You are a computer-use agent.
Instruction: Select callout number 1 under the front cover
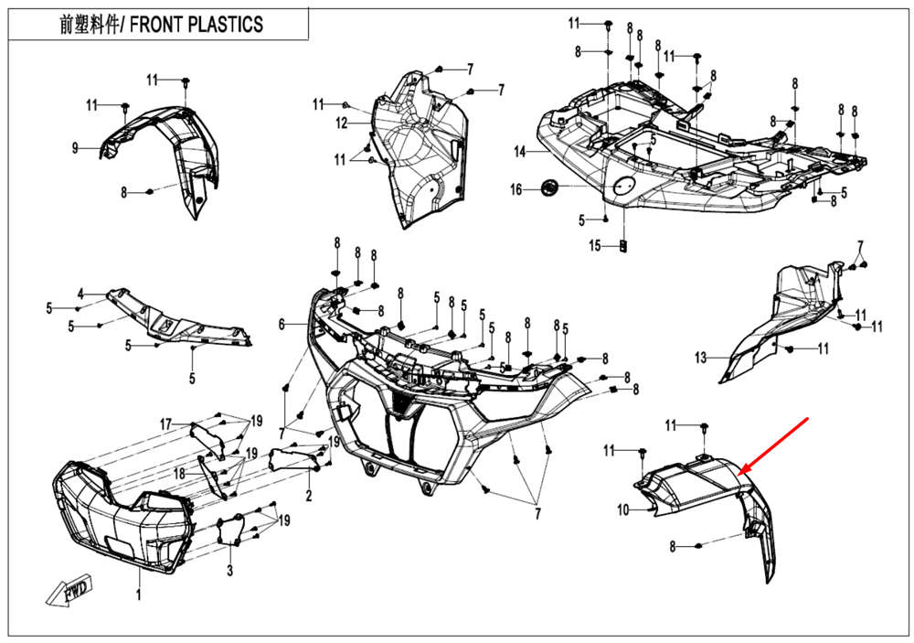click(139, 595)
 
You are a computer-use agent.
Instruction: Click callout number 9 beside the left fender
click(77, 147)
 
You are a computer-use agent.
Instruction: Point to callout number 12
click(342, 123)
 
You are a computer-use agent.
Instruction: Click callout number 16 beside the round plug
click(516, 189)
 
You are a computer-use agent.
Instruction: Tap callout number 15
click(594, 246)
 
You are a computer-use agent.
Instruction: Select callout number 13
click(700, 358)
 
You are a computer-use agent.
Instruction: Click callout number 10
click(623, 510)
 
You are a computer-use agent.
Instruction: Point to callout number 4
click(80, 294)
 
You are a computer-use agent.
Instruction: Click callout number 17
click(165, 424)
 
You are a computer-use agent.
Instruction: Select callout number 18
click(179, 474)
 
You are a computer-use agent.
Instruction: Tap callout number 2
click(309, 497)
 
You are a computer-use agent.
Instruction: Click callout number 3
click(230, 572)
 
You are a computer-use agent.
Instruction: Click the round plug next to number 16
click(550, 188)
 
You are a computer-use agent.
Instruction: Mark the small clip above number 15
click(623, 245)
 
